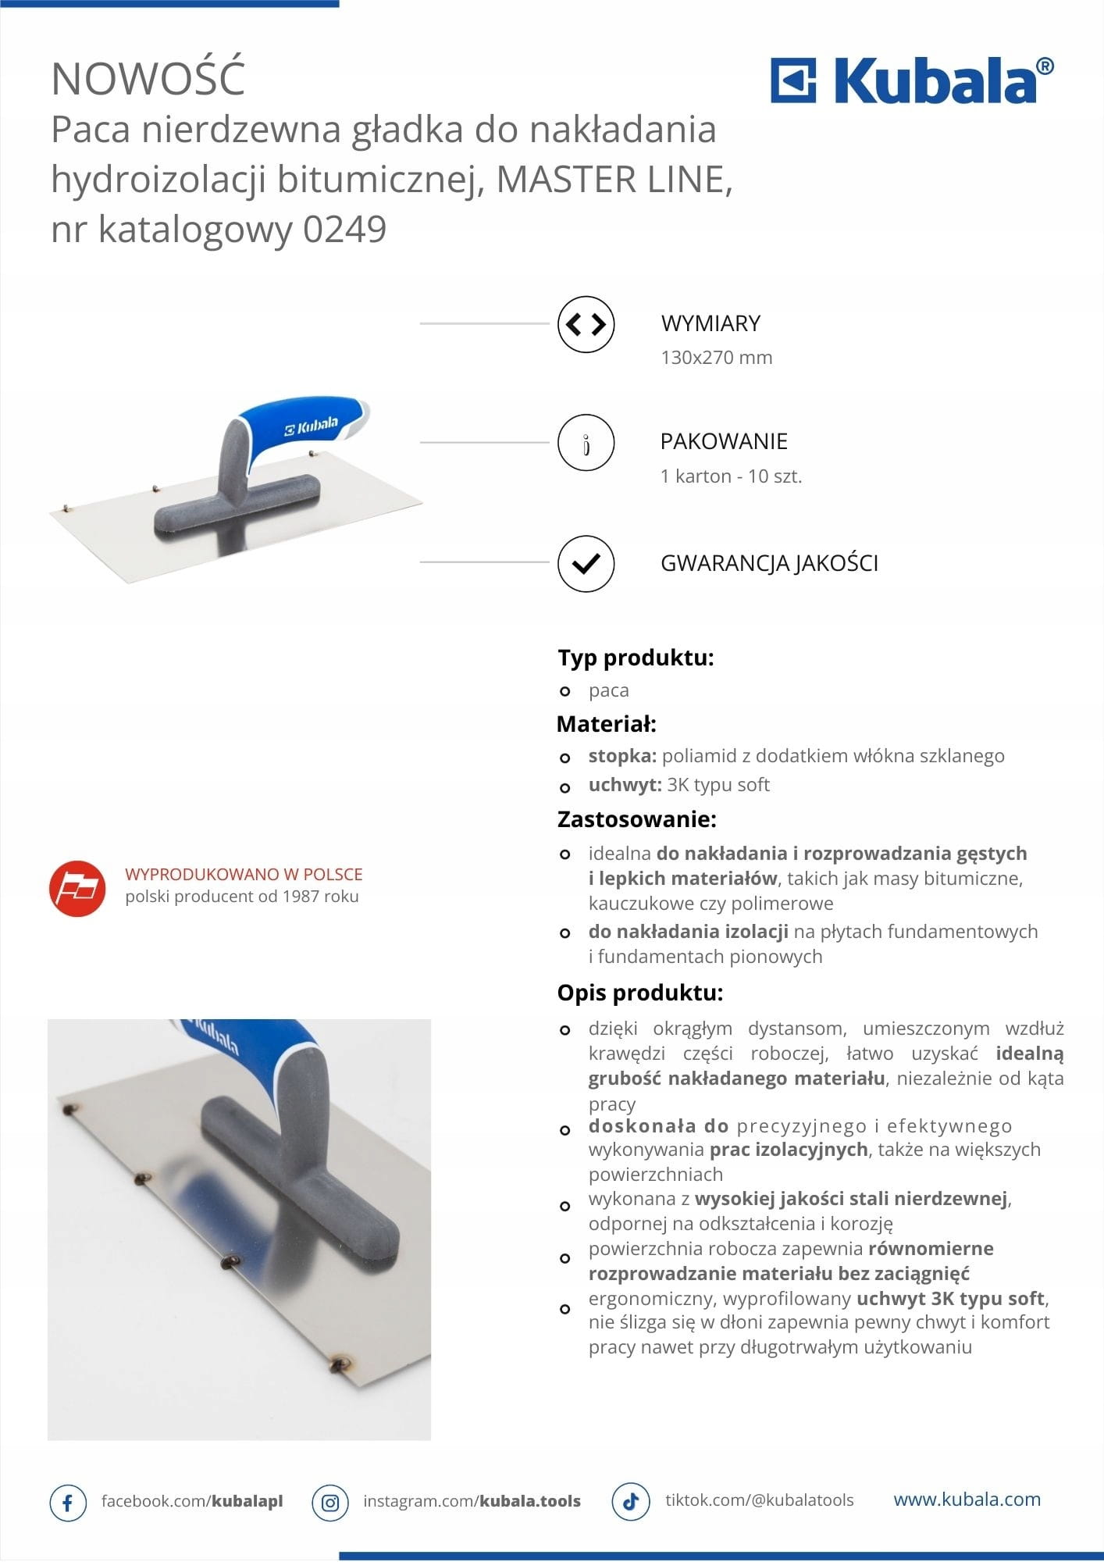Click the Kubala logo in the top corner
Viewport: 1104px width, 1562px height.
click(x=911, y=80)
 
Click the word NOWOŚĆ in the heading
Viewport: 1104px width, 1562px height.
click(x=148, y=78)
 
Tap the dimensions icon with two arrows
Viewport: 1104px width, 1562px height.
click(x=586, y=324)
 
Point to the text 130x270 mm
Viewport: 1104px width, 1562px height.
click(x=716, y=358)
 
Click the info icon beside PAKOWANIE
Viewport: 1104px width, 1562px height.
click(x=586, y=443)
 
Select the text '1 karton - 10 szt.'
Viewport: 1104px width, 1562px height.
click(x=731, y=476)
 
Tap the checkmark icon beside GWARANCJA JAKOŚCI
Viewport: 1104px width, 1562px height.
click(x=586, y=563)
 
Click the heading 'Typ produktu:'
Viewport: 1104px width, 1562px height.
click(x=636, y=658)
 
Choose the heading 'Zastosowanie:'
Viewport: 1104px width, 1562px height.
click(x=636, y=819)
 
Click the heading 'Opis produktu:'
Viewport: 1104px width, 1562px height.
click(x=639, y=993)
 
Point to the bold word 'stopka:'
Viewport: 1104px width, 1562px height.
click(x=622, y=756)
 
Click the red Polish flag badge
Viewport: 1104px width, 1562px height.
click(x=77, y=889)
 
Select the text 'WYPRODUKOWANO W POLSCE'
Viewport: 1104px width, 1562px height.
click(x=244, y=875)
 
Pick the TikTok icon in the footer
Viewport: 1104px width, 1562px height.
click(x=631, y=1501)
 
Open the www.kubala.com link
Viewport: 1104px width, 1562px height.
click(x=967, y=1500)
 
